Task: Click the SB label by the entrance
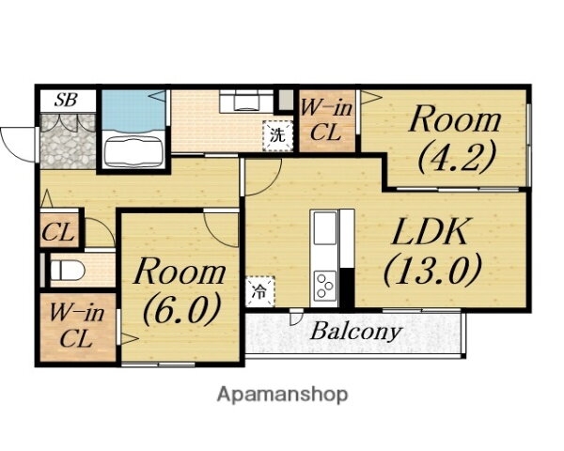click(x=66, y=100)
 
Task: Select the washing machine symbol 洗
click(x=277, y=135)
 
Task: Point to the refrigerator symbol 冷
click(x=259, y=291)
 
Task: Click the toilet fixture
click(x=67, y=270)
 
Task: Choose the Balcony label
click(x=355, y=331)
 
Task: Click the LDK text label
click(x=431, y=231)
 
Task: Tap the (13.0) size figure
click(x=432, y=270)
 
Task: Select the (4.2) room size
click(x=457, y=157)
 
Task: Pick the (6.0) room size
click(x=181, y=308)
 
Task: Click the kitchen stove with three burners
click(x=325, y=286)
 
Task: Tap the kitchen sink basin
click(x=325, y=227)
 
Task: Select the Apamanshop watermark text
click(x=282, y=395)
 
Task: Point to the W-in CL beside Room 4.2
click(x=327, y=121)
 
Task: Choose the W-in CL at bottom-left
click(x=77, y=327)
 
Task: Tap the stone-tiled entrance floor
click(x=68, y=141)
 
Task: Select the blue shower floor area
click(x=133, y=110)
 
